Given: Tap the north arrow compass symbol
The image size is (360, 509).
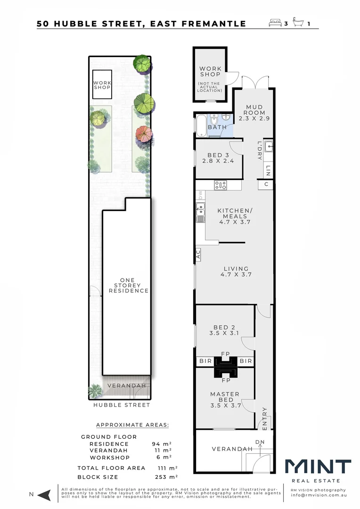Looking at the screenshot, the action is (x=44, y=495).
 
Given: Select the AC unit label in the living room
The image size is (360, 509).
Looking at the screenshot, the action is (x=198, y=254).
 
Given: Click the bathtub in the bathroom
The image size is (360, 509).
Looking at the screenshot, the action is (x=201, y=125).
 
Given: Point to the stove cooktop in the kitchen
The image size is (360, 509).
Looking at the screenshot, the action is (x=221, y=185).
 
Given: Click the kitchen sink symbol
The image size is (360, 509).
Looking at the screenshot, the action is (x=200, y=212).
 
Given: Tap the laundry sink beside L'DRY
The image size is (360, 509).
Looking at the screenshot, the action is (x=269, y=147).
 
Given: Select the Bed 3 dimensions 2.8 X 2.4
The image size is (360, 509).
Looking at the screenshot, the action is (x=218, y=161).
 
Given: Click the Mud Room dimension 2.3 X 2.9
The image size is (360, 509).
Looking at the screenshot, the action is (x=254, y=118).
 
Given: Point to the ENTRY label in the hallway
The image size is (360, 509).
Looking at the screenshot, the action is (x=264, y=419).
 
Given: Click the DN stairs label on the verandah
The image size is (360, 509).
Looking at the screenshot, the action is (x=260, y=442).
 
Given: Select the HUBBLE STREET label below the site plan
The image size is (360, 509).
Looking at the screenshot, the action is (x=122, y=405).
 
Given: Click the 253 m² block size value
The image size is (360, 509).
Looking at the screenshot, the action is (x=166, y=477).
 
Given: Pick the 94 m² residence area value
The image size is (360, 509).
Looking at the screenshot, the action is (x=162, y=444).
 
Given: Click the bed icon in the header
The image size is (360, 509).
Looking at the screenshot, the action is (x=275, y=23).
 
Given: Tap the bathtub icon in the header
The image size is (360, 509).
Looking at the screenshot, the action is (x=298, y=22).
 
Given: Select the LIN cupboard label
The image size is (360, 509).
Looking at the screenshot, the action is (x=268, y=171).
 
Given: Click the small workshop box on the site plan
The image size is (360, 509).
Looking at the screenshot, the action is (x=102, y=84).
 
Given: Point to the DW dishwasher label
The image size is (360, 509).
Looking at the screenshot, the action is (x=200, y=195).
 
